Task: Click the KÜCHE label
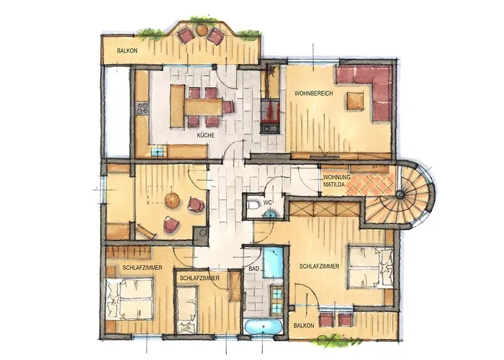coord(206,135)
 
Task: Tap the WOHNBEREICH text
coord(314,94)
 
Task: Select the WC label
coord(267,203)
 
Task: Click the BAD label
coord(253,269)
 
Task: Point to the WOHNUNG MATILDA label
coord(336,181)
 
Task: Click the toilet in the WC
coord(253,204)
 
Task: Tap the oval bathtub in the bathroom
coord(264,328)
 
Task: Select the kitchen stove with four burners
coord(143,108)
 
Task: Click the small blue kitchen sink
coord(158,151)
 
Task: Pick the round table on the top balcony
coord(202,30)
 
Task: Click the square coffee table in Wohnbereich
coord(356,101)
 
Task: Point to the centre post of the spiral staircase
coord(400,194)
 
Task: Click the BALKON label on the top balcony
coord(127,51)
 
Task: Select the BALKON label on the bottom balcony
coord(304,325)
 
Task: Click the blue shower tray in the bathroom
coord(273,263)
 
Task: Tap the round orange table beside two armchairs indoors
coord(173,199)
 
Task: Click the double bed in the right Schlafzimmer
coord(371,267)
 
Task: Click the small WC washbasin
coord(271,214)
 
